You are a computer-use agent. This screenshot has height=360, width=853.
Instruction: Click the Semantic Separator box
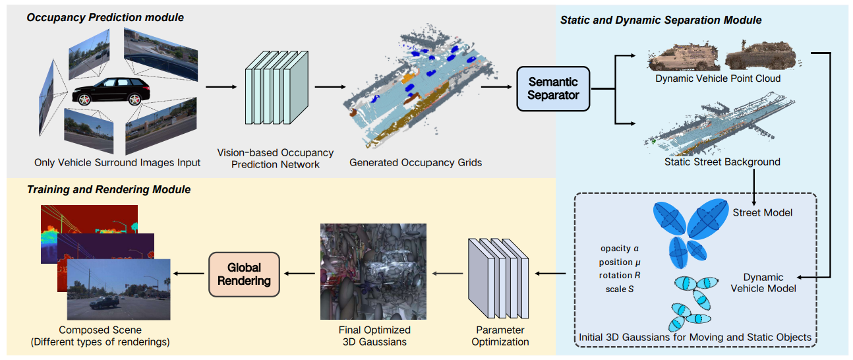point(553,88)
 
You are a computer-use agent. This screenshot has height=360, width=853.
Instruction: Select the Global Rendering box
point(244,274)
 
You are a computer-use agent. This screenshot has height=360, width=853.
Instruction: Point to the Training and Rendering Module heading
point(109,189)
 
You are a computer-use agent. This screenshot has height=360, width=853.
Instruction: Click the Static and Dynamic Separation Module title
point(661,20)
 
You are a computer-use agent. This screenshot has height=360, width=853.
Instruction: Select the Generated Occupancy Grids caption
point(415,162)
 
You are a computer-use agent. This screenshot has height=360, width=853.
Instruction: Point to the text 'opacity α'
point(620,249)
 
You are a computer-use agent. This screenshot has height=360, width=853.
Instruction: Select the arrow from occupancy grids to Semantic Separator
point(502,86)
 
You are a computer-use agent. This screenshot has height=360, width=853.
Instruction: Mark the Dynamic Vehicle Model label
point(763,283)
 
